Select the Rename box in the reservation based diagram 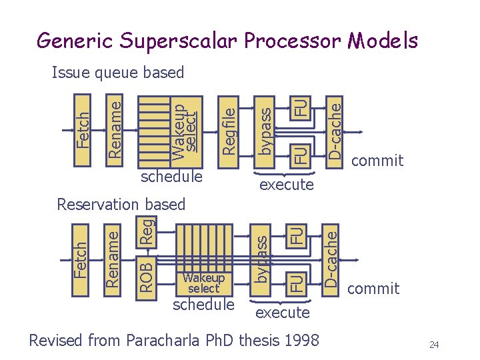[x=114, y=259]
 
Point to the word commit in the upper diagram [x=377, y=161]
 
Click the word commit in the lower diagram [x=373, y=289]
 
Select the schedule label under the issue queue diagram [x=171, y=177]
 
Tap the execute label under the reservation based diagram [x=283, y=312]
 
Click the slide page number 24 [x=435, y=345]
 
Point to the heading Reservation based [x=121, y=204]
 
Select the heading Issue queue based [x=117, y=72]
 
